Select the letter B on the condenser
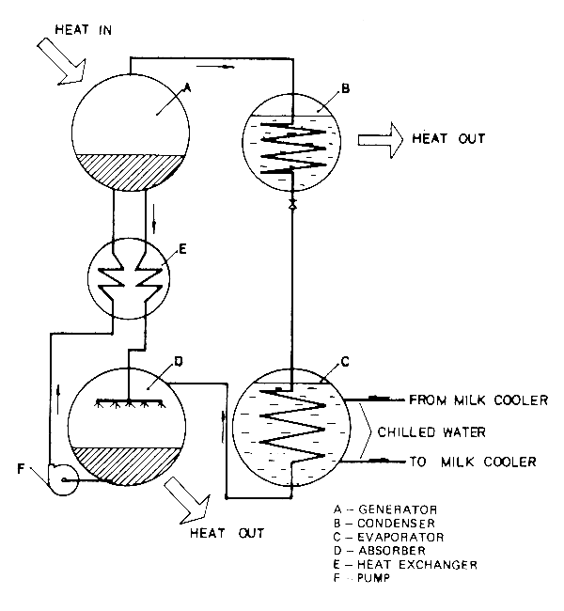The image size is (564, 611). [345, 89]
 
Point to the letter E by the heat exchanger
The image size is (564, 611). [182, 249]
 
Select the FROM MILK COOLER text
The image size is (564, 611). [478, 400]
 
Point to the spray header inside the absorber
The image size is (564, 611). [127, 402]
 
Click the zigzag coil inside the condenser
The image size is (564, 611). [291, 146]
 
